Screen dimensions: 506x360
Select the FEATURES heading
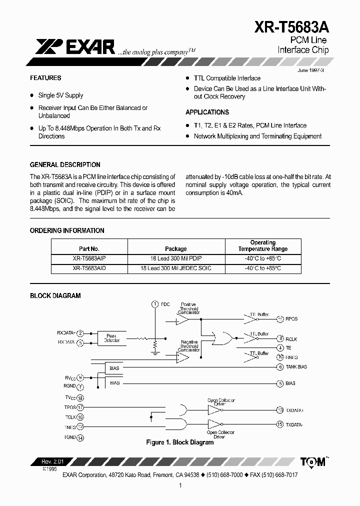click(45, 78)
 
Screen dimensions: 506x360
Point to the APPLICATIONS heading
click(207, 112)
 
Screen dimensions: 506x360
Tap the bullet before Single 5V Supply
click(32, 95)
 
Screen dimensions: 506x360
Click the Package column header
click(175, 248)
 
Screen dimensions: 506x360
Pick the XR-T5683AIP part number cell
click(89, 258)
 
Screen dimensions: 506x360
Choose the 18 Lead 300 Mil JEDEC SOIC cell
click(175, 268)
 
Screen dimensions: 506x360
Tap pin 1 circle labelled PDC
click(154, 304)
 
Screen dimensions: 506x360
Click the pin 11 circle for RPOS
click(280, 318)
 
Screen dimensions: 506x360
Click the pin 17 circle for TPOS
click(80, 407)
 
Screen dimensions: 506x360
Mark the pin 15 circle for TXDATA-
click(280, 424)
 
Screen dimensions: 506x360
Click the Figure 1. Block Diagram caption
click(179, 442)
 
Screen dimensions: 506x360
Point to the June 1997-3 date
click(310, 70)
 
